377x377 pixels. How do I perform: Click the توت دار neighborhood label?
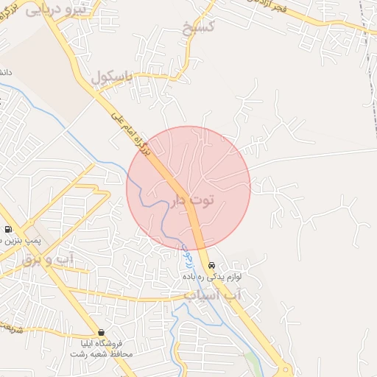click(195, 200)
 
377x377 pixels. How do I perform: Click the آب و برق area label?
click(47, 258)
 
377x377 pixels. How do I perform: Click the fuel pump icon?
click(8, 229)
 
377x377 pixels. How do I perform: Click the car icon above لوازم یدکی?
click(211, 265)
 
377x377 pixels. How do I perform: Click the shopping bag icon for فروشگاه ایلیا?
click(101, 332)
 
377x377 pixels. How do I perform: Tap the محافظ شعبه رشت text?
click(100, 354)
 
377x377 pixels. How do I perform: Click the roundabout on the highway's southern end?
click(284, 370)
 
